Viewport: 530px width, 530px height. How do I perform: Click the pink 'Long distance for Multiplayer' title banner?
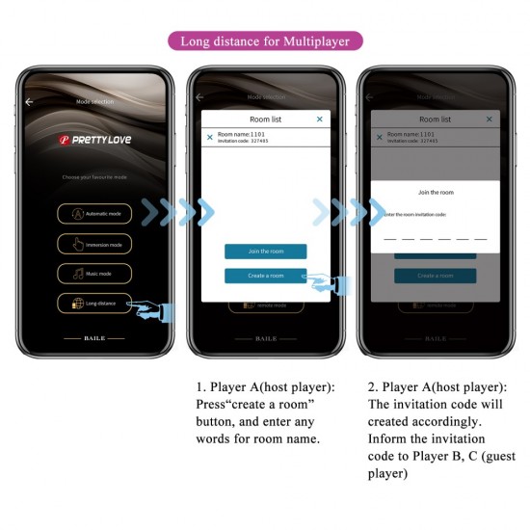265,40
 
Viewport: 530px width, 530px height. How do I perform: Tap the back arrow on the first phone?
29,101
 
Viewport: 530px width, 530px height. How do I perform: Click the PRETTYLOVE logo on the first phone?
95,140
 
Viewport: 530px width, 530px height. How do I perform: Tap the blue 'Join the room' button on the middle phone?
266,252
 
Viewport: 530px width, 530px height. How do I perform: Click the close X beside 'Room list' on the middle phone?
320,119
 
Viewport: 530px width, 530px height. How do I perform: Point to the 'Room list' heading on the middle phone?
265,119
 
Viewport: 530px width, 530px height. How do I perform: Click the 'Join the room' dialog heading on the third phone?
436,193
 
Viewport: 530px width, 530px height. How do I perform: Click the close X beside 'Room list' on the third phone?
490,119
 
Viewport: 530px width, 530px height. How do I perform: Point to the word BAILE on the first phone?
93,339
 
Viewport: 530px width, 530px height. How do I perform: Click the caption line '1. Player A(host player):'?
265,387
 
